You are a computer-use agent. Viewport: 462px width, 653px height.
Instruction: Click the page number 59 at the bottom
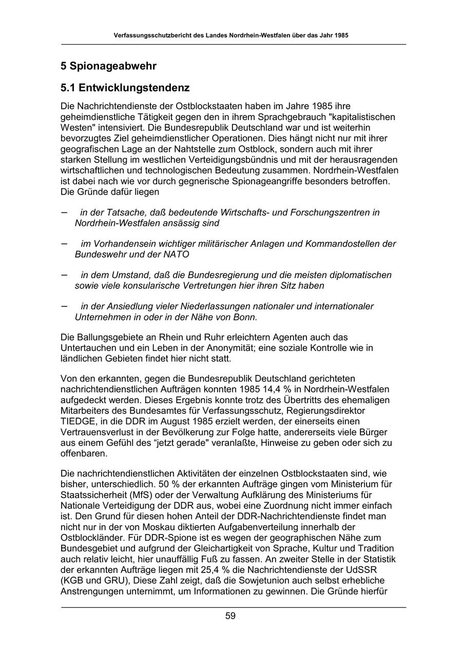[x=230, y=616]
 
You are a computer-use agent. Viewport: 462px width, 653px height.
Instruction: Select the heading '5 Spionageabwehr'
[x=108, y=66]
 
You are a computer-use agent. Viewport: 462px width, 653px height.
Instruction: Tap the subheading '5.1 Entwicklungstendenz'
[x=125, y=88]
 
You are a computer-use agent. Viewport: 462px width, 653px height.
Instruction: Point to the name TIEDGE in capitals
[x=78, y=422]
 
